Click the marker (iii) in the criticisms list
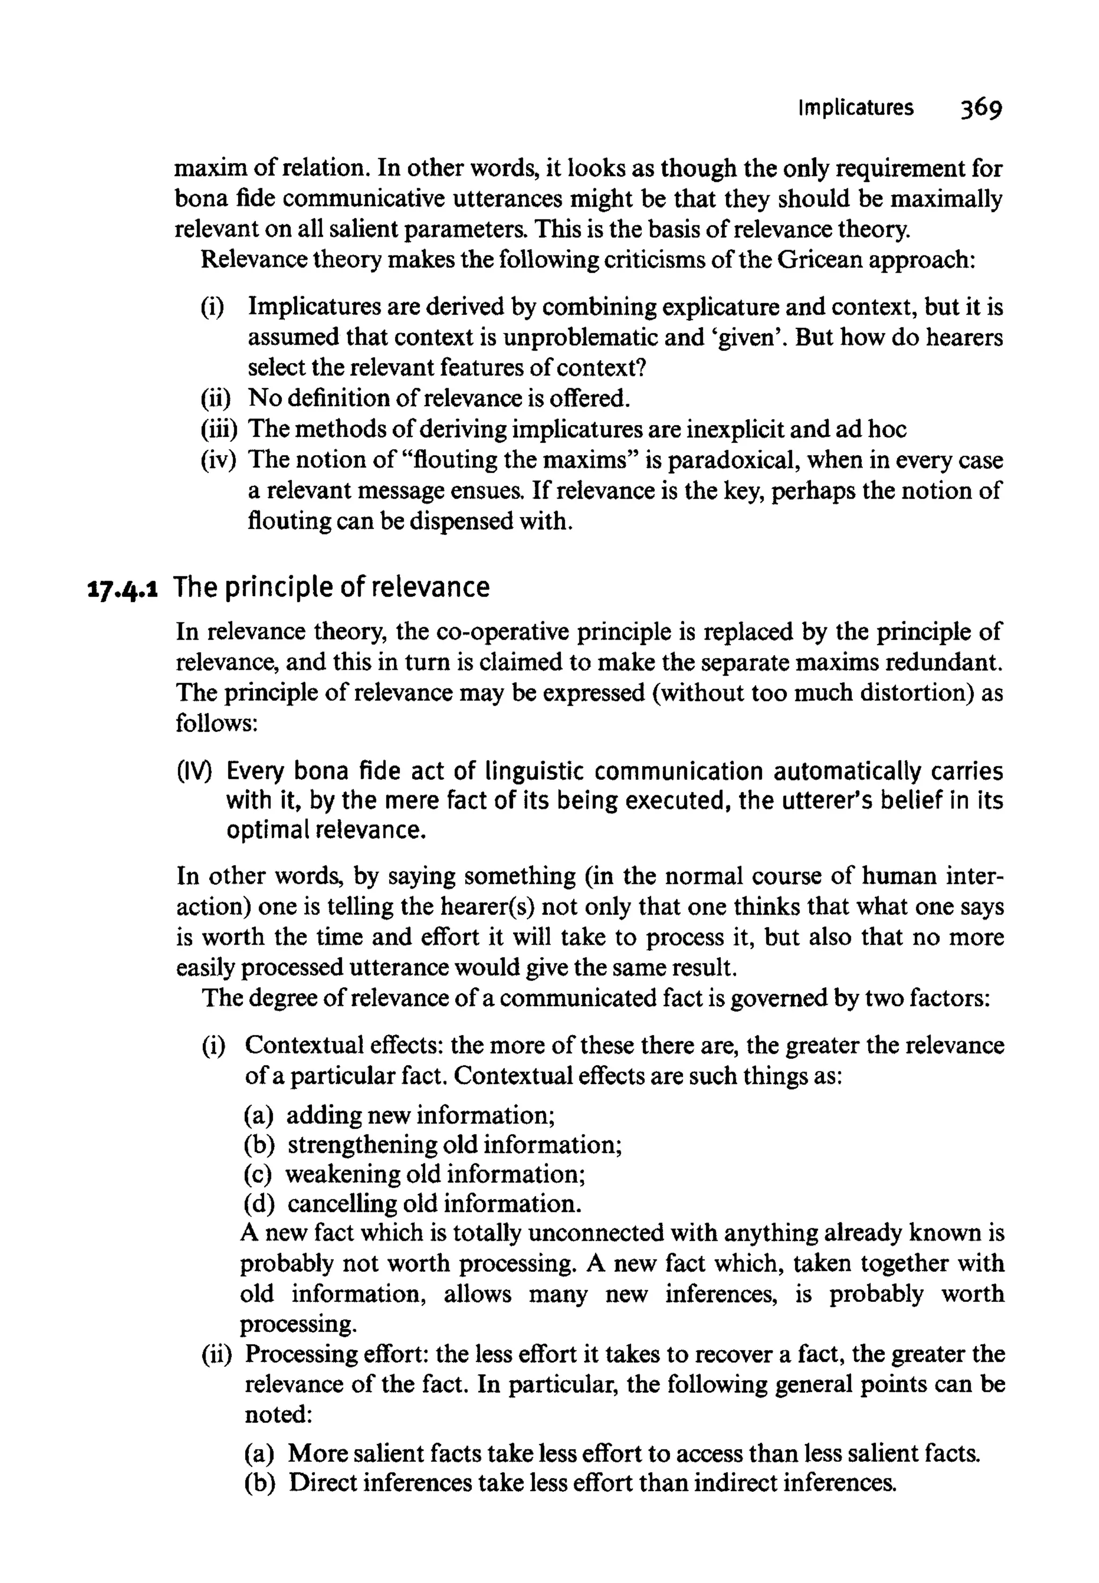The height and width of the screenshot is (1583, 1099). pos(219,430)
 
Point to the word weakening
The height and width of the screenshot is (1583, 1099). pos(342,1174)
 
